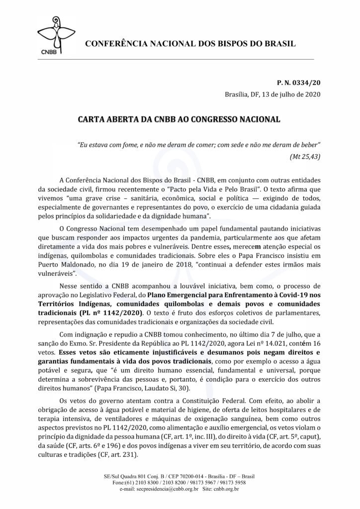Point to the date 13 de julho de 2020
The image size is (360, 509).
291,95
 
